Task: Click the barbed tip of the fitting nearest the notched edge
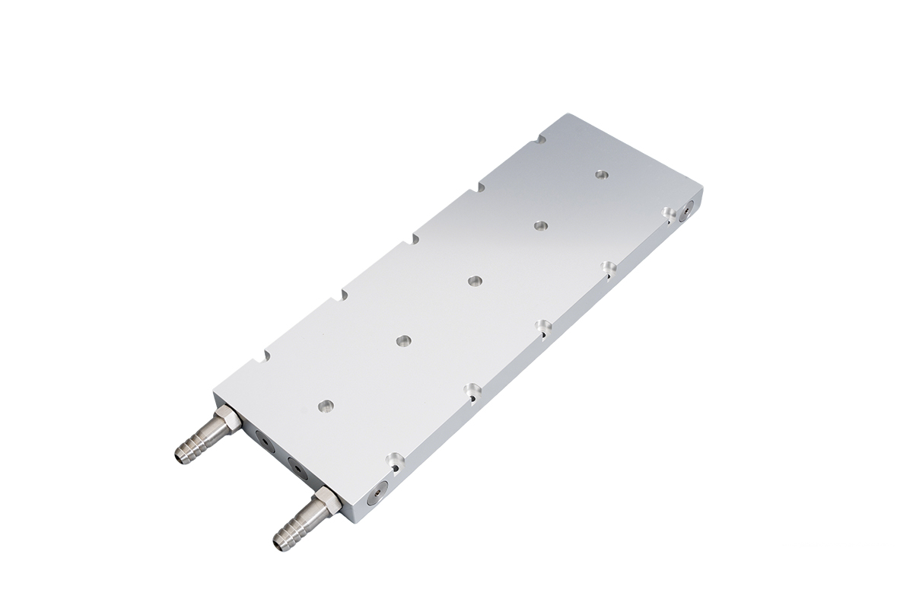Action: pos(185,452)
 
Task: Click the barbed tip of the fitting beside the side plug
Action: pos(283,537)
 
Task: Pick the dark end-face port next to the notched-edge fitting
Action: pos(262,441)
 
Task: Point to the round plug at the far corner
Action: pos(689,207)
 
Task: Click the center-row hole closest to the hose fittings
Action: pos(326,406)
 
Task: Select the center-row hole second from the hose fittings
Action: pos(402,340)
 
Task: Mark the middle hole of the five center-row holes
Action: pos(473,281)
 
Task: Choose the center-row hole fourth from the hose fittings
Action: pos(540,226)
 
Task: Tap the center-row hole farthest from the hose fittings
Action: pos(601,174)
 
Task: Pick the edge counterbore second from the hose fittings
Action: pos(473,391)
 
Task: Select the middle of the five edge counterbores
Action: pos(543,327)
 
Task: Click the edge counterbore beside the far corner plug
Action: pos(667,212)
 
